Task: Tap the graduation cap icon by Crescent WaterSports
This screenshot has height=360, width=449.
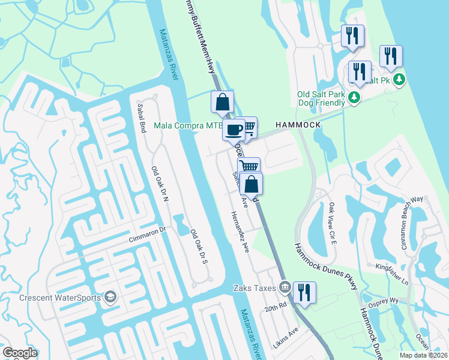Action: [110, 297]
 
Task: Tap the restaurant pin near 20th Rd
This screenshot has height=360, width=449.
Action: [304, 293]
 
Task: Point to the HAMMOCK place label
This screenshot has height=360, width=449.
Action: [298, 124]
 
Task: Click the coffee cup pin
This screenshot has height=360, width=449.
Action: [234, 129]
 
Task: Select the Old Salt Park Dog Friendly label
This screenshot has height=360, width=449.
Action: [322, 98]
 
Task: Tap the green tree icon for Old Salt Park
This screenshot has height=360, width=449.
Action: [355, 97]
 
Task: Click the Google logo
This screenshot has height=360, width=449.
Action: [20, 353]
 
